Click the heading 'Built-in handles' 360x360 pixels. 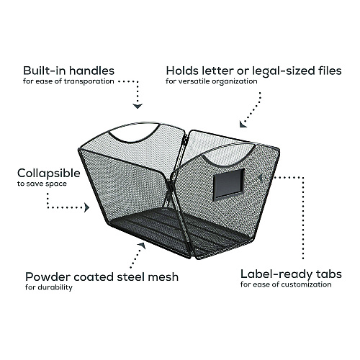[68, 71]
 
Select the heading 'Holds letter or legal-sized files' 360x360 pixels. [253, 71]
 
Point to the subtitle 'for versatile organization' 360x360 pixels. [212, 81]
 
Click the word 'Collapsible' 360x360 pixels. [49, 174]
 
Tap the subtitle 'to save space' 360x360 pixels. [42, 184]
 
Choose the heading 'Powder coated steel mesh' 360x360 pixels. [102, 276]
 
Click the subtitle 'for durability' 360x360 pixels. [49, 287]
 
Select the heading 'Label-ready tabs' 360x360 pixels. [291, 274]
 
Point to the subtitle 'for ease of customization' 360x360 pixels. [286, 284]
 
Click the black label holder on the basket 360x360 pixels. [229, 184]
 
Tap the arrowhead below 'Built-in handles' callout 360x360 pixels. [138, 107]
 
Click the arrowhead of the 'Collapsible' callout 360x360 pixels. [86, 207]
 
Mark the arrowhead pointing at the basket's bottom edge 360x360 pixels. [142, 246]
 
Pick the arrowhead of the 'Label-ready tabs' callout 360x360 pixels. [260, 178]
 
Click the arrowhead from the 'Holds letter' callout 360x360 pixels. [243, 124]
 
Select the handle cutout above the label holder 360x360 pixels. [228, 164]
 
